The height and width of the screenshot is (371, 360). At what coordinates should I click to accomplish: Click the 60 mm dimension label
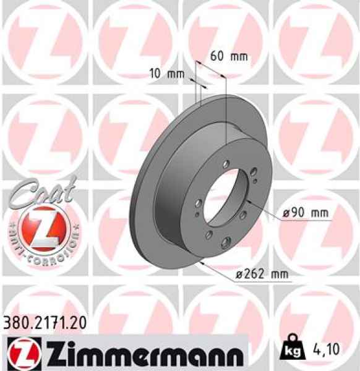[229, 56]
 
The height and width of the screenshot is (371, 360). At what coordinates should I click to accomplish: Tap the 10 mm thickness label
[167, 74]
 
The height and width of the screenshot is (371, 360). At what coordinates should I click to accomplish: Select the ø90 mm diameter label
[305, 213]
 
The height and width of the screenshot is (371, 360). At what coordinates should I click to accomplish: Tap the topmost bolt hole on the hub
[227, 163]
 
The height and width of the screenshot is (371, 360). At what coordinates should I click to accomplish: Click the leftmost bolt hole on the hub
[196, 202]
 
